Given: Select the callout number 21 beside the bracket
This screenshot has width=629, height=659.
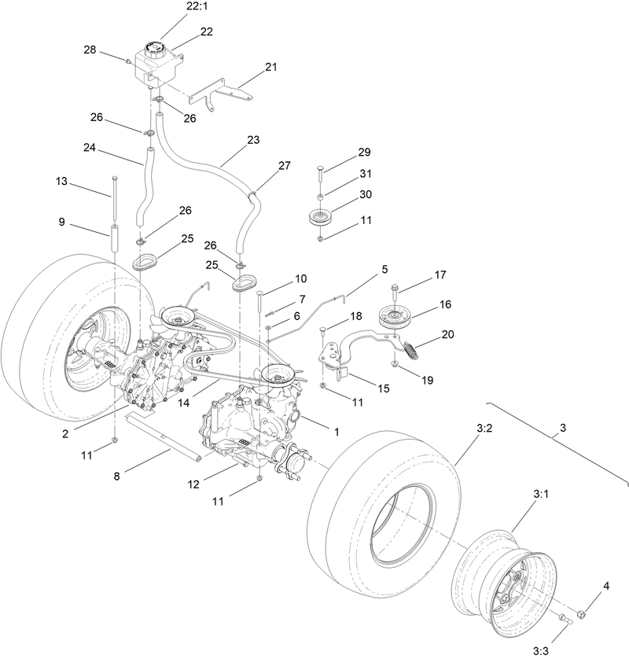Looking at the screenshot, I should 271,68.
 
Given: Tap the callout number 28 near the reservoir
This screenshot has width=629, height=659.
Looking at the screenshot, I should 90,50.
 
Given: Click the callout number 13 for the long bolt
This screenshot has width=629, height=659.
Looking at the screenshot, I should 62,182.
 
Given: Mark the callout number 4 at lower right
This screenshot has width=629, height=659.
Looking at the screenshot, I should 607,585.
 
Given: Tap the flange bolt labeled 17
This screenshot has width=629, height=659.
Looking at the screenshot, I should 394,289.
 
